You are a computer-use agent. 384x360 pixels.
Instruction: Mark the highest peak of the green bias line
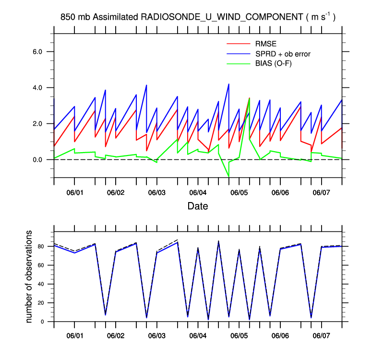point(249,98)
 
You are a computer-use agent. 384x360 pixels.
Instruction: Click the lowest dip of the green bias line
point(228,177)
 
